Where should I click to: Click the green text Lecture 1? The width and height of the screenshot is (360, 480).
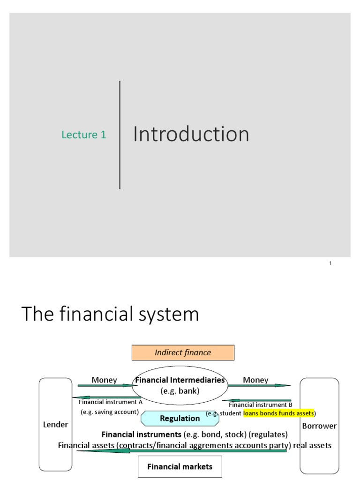point(84,135)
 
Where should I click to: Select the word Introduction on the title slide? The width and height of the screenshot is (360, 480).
point(191,135)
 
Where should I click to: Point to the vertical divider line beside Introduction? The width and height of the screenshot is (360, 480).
point(120,135)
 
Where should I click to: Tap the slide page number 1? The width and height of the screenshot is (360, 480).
point(330,263)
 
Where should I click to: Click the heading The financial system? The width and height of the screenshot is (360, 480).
point(110,314)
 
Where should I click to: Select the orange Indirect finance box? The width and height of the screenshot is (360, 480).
point(183,352)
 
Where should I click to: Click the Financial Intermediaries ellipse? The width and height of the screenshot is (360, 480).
point(180,385)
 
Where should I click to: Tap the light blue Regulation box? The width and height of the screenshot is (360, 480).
point(180,418)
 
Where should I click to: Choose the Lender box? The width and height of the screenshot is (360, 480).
point(56,425)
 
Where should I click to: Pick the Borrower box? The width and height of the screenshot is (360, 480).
point(319,426)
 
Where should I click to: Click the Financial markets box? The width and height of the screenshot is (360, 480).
point(180,466)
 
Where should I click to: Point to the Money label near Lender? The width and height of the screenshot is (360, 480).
point(104,380)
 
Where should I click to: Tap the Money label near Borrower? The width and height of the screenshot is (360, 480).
point(255,380)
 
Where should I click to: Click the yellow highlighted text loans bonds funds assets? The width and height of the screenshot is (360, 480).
point(278,413)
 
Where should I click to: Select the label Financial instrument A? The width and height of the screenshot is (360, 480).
point(110,402)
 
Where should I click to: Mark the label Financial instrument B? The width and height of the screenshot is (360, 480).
point(260,405)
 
